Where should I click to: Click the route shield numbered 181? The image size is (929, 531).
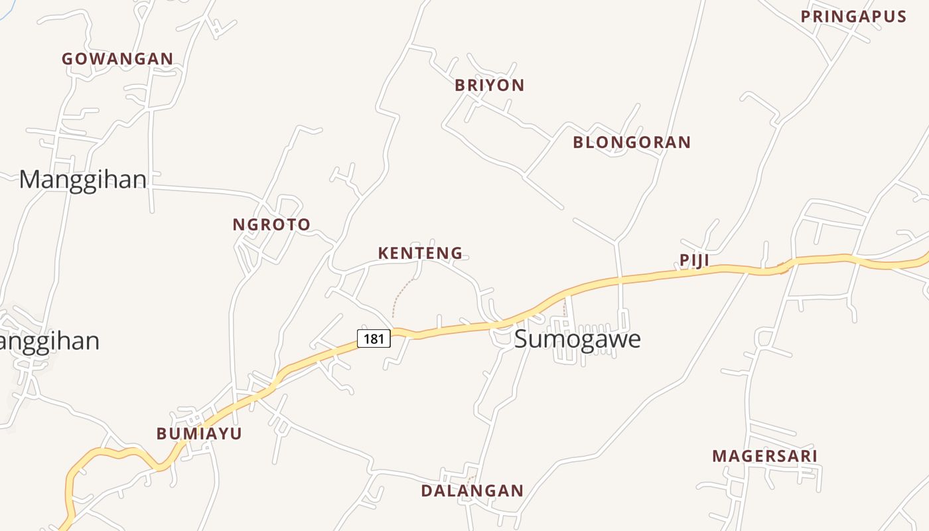pyautogui.click(x=374, y=339)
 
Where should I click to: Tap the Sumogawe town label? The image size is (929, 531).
pyautogui.click(x=577, y=339)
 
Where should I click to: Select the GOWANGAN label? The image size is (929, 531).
pyautogui.click(x=117, y=59)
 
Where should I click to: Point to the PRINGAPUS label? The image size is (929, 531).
pyautogui.click(x=853, y=17)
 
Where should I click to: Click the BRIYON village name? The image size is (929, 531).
pyautogui.click(x=490, y=86)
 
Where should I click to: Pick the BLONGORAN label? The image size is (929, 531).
pyautogui.click(x=632, y=143)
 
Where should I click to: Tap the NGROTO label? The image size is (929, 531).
pyautogui.click(x=271, y=225)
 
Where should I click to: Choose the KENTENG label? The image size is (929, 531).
pyautogui.click(x=420, y=254)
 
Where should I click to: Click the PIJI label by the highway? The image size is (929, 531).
pyautogui.click(x=695, y=261)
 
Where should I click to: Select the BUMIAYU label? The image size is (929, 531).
pyautogui.click(x=199, y=434)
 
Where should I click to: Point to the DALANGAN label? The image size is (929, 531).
pyautogui.click(x=472, y=491)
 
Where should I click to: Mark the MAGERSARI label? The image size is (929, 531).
pyautogui.click(x=764, y=457)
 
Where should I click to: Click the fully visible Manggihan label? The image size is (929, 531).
pyautogui.click(x=83, y=180)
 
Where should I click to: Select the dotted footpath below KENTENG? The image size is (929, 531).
pyautogui.click(x=400, y=295)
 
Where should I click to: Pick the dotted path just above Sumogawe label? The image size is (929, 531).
pyautogui.click(x=565, y=307)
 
